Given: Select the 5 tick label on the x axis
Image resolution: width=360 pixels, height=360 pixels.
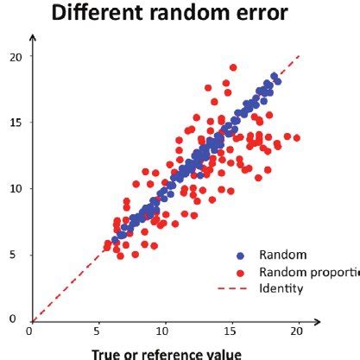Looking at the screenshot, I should (x=98, y=331).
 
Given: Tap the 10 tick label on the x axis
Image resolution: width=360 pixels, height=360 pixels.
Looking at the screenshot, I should (x=163, y=331).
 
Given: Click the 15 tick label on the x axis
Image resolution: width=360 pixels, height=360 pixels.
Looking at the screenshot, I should (x=231, y=331).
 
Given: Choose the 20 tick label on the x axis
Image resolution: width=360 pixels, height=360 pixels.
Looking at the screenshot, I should (x=298, y=331).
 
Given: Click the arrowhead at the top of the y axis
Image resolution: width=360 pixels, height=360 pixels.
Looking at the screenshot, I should (x=31, y=38).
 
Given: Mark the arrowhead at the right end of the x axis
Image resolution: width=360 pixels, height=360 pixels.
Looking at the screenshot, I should (x=320, y=321).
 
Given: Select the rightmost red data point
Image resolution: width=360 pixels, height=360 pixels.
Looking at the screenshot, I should (x=296, y=137).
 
